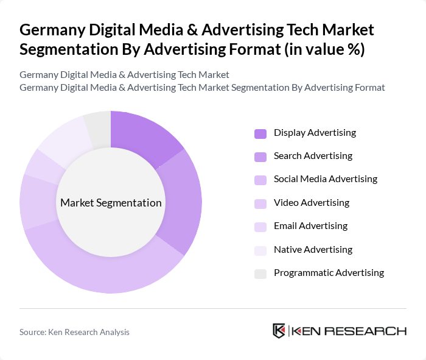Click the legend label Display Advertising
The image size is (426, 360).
(x=315, y=133)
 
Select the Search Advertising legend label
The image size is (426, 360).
(x=313, y=156)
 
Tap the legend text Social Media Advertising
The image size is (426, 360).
(x=326, y=179)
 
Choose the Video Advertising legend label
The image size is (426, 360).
(x=312, y=203)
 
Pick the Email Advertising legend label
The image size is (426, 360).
(x=310, y=226)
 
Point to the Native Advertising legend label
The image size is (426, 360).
(x=313, y=250)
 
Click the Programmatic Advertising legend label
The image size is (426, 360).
(x=329, y=273)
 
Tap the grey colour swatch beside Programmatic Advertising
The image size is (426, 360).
(x=260, y=274)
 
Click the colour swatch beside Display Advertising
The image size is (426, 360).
(x=260, y=133)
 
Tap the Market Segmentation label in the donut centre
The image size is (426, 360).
(x=111, y=203)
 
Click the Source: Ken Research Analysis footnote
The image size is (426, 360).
(x=74, y=332)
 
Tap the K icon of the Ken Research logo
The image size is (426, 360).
(x=279, y=331)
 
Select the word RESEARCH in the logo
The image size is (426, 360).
(x=372, y=331)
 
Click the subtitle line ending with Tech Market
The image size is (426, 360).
(x=124, y=75)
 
